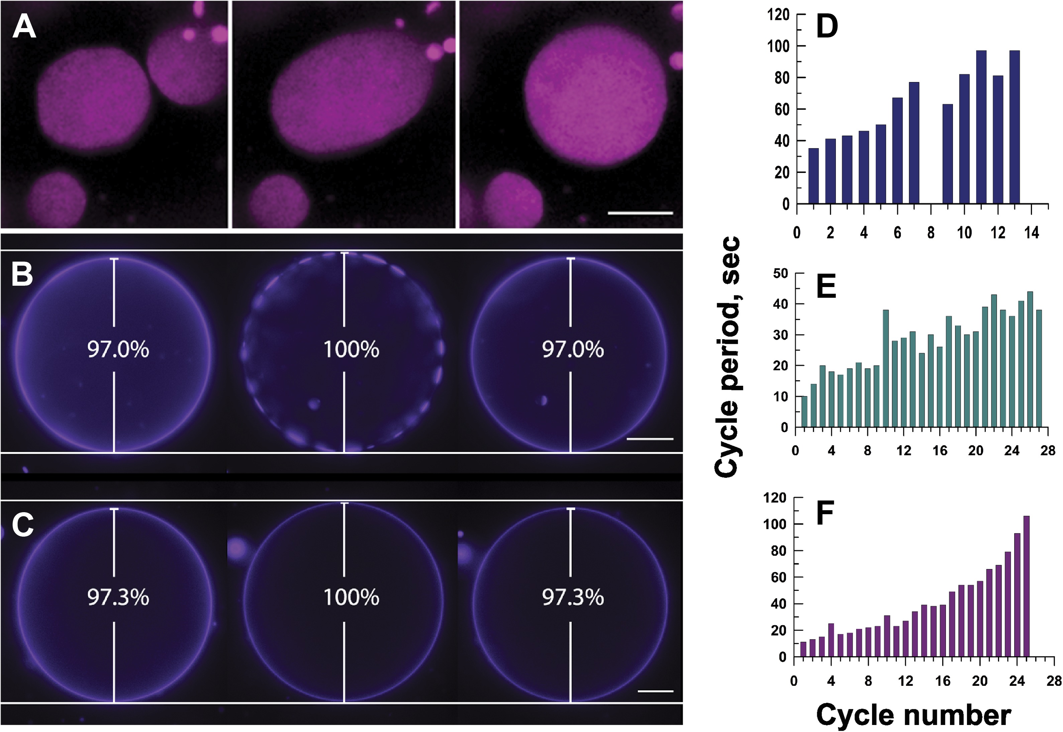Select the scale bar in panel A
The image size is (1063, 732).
click(x=640, y=213)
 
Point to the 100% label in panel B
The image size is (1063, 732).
click(x=351, y=350)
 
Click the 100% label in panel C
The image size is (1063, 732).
click(x=351, y=597)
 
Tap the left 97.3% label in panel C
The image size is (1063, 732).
click(x=118, y=597)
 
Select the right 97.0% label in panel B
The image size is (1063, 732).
click(x=573, y=350)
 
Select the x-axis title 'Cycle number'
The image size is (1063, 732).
click(x=913, y=715)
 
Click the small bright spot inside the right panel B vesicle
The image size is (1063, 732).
click(x=543, y=400)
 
